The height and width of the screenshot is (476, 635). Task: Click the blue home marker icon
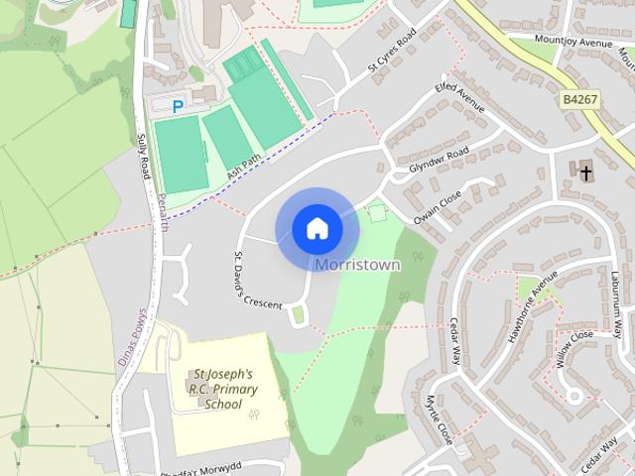tap(317, 229)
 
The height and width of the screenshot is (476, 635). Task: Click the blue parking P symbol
tap(179, 106)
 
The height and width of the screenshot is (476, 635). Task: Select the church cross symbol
tap(586, 173)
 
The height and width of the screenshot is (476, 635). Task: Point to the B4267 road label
tap(580, 100)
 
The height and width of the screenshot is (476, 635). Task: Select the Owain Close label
tap(438, 206)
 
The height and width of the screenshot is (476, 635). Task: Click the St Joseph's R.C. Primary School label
tap(224, 389)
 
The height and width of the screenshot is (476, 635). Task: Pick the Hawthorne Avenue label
tap(527, 315)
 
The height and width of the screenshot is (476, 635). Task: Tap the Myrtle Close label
tap(438, 420)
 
